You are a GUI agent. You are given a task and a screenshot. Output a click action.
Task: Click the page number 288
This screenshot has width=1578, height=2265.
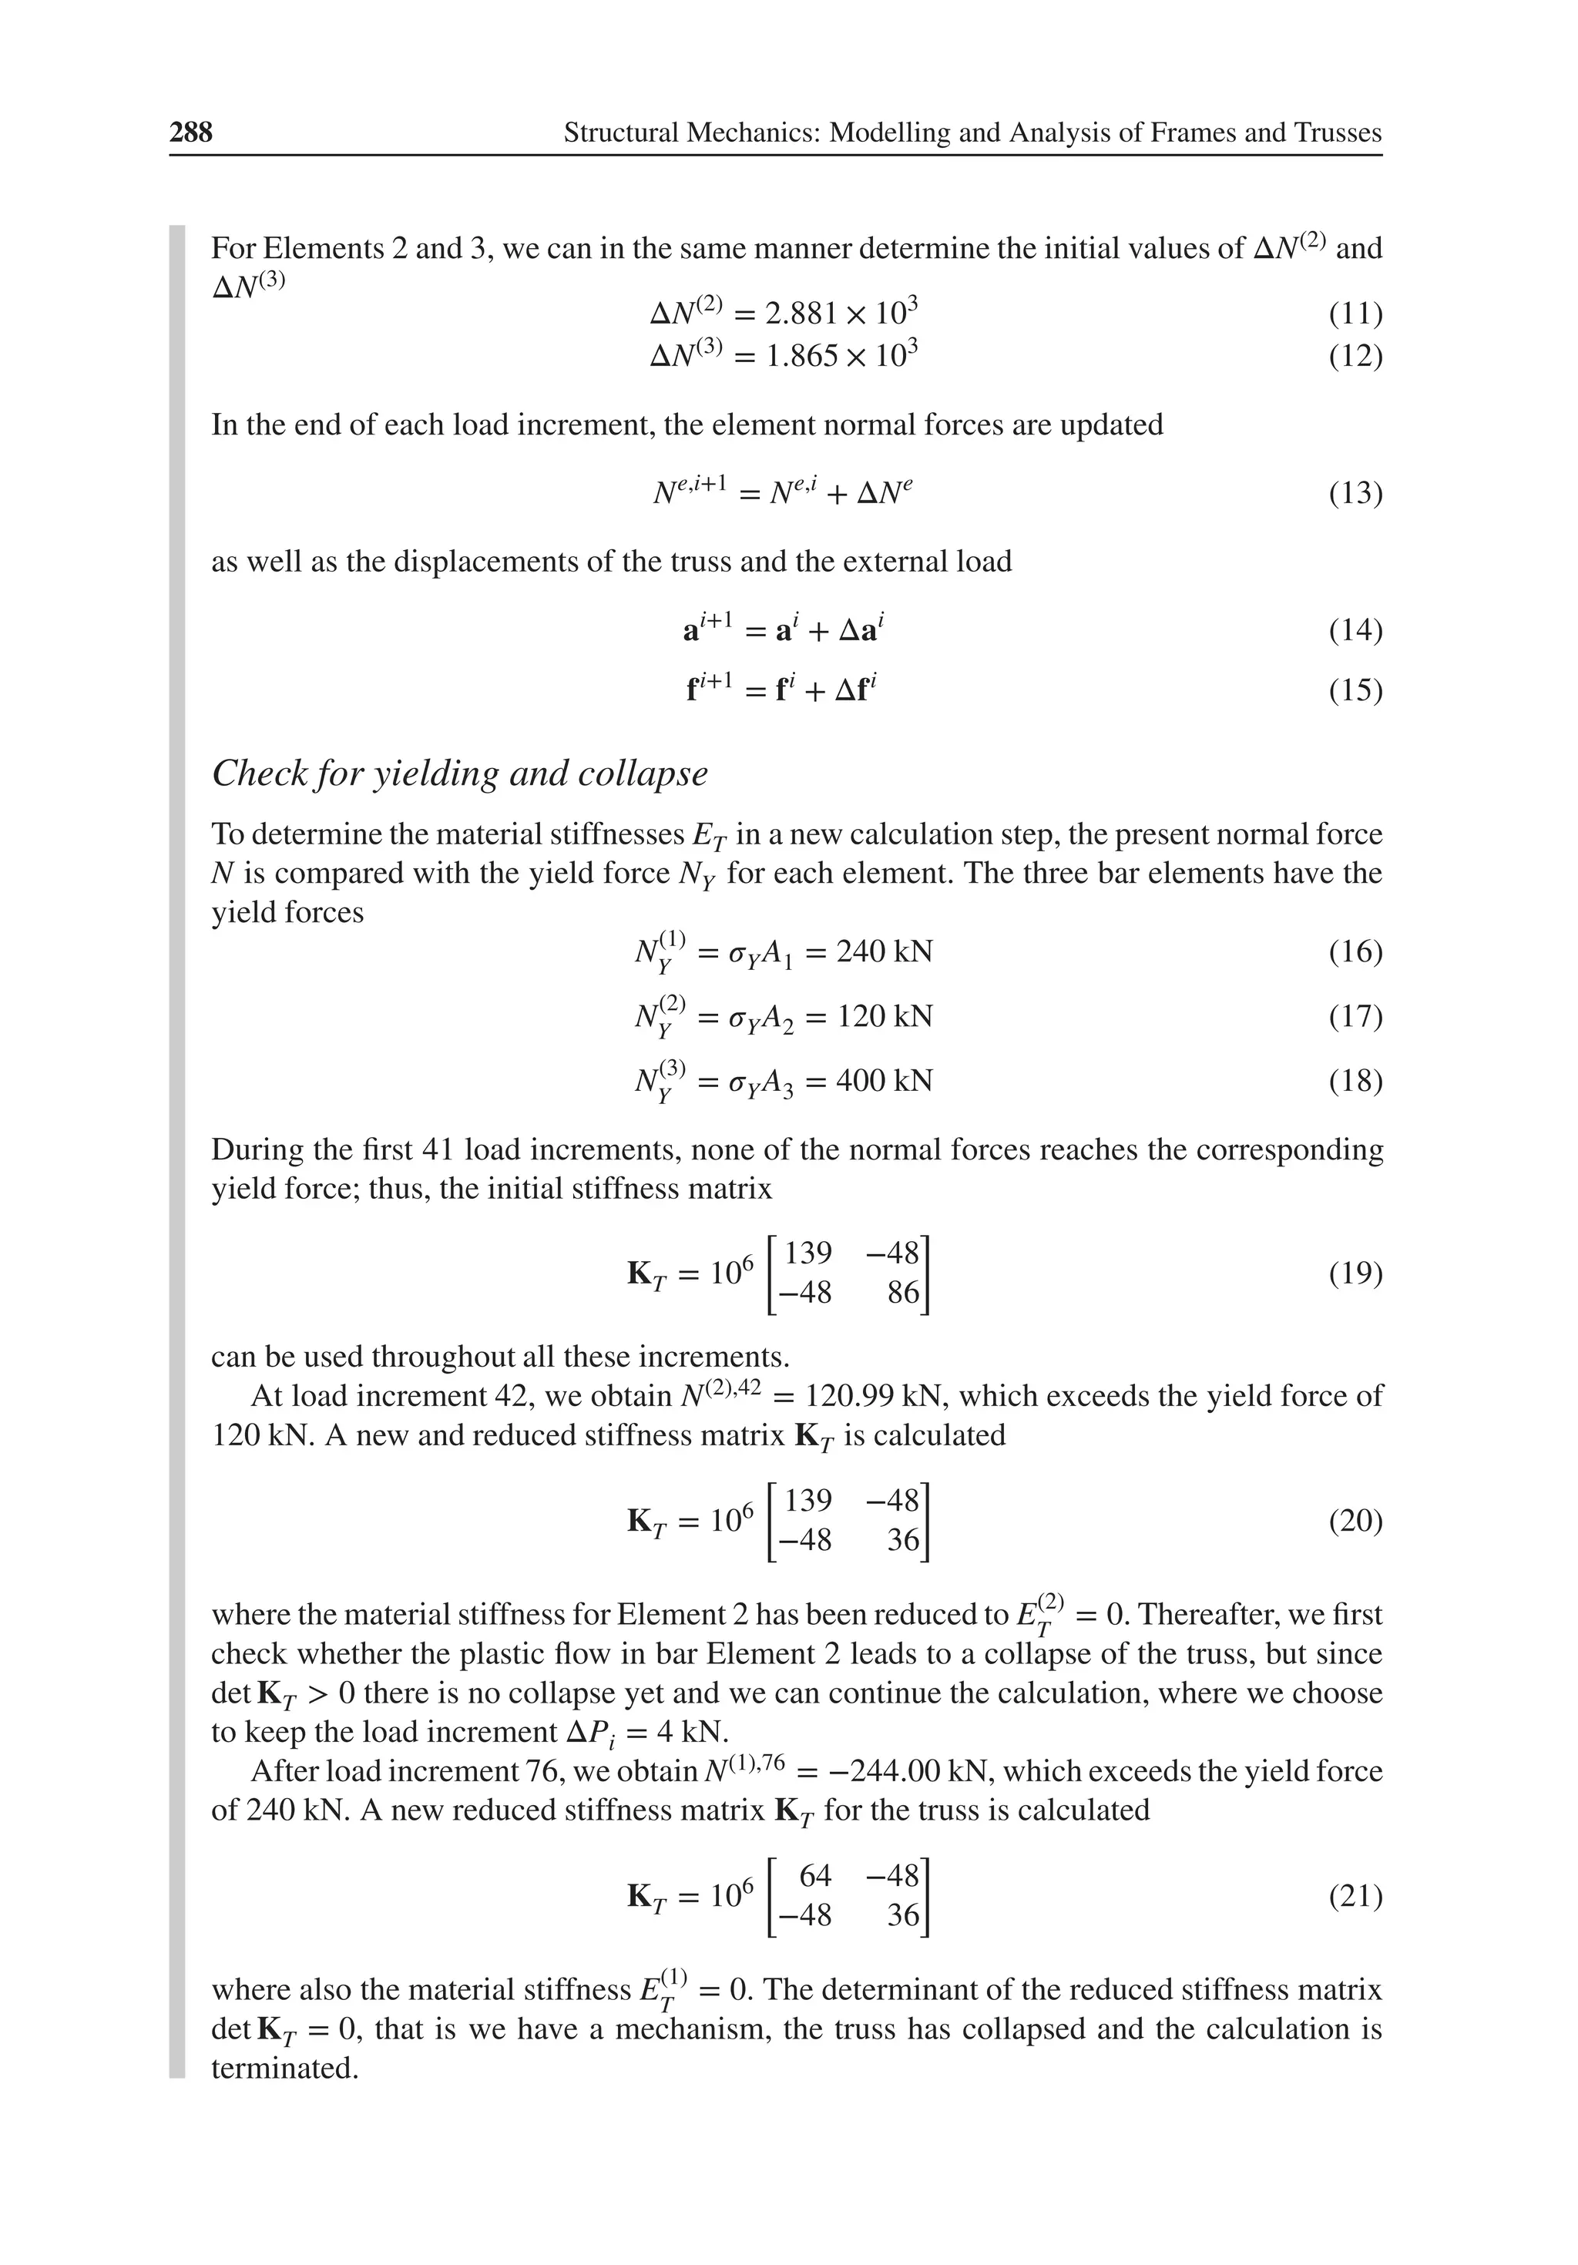[x=190, y=133]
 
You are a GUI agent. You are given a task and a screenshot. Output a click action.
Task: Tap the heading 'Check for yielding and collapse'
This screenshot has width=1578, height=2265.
[x=459, y=773]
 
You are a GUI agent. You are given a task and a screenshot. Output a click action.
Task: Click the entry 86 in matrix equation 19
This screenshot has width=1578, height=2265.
[x=902, y=1292]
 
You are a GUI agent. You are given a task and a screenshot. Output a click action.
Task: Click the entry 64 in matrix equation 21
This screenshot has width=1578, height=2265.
[x=815, y=1874]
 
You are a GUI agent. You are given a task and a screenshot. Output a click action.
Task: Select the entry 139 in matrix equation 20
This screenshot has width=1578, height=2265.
[x=808, y=1501]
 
